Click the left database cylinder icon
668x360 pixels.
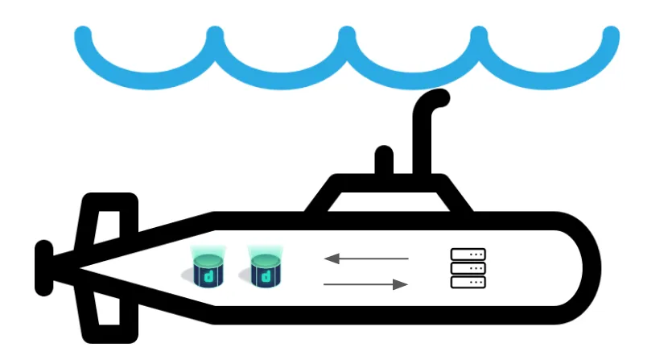pyautogui.click(x=208, y=268)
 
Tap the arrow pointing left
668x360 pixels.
pyautogui.click(x=366, y=259)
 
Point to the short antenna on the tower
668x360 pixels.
pyautogui.click(x=385, y=160)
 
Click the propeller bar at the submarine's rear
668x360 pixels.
pyautogui.click(x=44, y=267)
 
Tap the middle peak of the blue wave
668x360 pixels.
pyautogui.click(x=347, y=35)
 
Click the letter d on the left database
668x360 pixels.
pyautogui.click(x=208, y=276)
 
